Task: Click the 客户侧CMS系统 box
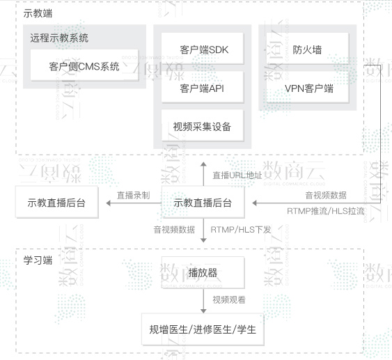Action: (x=84, y=65)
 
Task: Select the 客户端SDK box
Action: (x=203, y=49)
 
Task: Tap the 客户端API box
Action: (x=203, y=87)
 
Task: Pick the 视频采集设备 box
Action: (x=203, y=125)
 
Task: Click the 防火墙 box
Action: (x=308, y=49)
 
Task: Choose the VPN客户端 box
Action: (x=308, y=87)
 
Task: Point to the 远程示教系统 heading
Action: (x=59, y=38)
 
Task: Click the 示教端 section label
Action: (x=38, y=13)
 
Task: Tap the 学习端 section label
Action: (x=38, y=260)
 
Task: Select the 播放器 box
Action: (x=203, y=272)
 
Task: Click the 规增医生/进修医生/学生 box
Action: (x=203, y=329)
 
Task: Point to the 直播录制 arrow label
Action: (x=134, y=195)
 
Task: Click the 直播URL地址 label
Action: (x=237, y=175)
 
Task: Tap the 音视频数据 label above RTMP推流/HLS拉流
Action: (x=326, y=195)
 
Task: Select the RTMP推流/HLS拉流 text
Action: (x=325, y=211)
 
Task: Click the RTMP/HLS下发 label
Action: (x=241, y=230)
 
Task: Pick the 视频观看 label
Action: (x=229, y=299)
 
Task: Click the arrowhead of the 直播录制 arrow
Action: (x=109, y=203)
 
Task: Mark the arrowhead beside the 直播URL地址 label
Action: (x=203, y=164)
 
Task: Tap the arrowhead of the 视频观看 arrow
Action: (x=203, y=311)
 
